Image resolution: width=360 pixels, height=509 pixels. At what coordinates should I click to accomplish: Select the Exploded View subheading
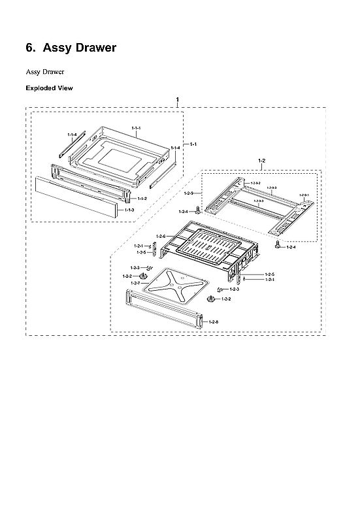tap(49, 88)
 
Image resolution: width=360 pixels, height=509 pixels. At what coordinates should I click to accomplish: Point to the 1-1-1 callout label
tap(136, 127)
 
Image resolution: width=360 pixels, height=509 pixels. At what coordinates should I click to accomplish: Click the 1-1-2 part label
tap(142, 198)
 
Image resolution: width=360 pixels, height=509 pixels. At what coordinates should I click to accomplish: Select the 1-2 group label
tap(262, 160)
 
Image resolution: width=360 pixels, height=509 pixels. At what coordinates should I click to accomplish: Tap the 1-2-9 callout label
tap(188, 193)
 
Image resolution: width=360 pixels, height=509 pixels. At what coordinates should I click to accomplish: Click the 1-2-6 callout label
tap(161, 235)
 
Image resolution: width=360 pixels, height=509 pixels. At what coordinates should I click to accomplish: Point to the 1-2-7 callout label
tap(135, 283)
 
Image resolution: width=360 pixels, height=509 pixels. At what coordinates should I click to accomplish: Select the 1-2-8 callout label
tap(214, 322)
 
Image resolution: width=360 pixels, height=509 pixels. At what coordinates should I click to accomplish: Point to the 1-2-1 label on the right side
tap(269, 280)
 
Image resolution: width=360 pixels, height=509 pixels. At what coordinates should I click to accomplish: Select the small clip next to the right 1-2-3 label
tap(221, 288)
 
